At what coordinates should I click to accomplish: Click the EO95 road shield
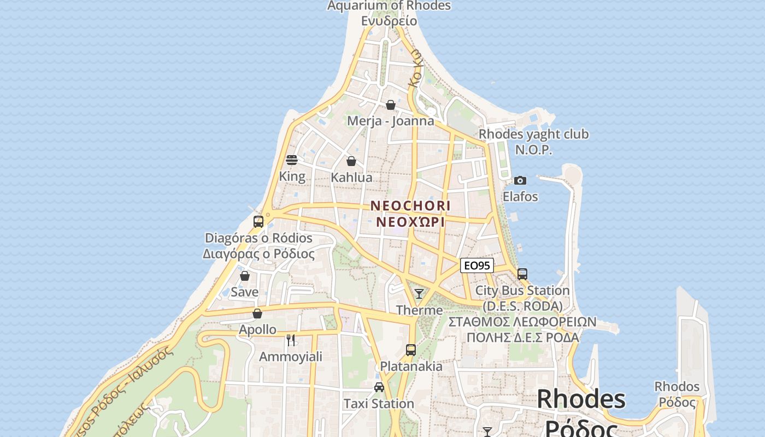[x=477, y=266]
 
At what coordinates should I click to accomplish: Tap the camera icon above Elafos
[x=520, y=180]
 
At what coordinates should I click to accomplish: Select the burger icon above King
[x=292, y=160]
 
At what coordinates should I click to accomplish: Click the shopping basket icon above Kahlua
[x=351, y=161]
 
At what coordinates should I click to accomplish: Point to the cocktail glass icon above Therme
[x=419, y=294]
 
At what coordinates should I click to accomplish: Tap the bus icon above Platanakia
[x=411, y=350]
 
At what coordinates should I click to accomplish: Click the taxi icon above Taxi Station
[x=379, y=387]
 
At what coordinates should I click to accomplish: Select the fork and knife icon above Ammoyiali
[x=291, y=340]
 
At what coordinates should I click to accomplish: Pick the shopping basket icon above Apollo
[x=257, y=314]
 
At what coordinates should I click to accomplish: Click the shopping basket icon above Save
[x=245, y=276]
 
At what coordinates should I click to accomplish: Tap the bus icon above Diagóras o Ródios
[x=258, y=222]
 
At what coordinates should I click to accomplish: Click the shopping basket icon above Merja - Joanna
[x=391, y=105]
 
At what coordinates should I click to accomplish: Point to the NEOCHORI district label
[x=410, y=206]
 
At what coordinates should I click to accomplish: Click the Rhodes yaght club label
[x=533, y=134]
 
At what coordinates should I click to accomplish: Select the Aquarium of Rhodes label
[x=389, y=6]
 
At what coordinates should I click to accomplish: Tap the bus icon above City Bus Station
[x=522, y=274]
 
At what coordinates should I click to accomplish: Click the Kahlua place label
[x=351, y=178]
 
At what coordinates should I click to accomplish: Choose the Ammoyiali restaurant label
[x=291, y=357]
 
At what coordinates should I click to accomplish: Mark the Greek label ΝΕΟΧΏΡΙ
[x=410, y=222]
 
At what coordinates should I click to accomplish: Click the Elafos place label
[x=520, y=197]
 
